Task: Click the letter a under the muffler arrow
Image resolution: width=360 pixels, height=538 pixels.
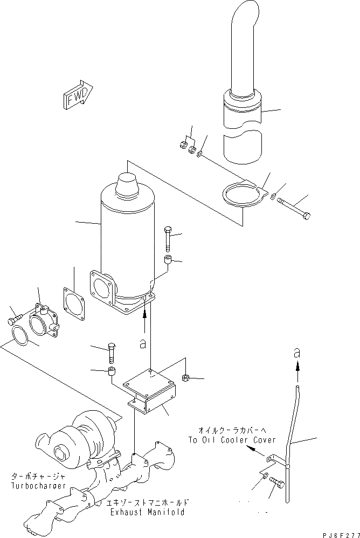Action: (142, 344)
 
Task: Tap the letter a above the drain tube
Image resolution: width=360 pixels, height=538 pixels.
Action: (296, 354)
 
